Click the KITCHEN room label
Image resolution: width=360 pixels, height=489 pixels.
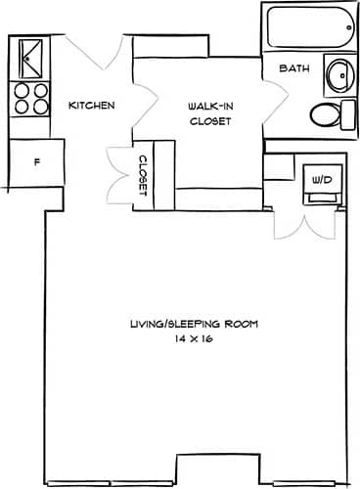pos(93,106)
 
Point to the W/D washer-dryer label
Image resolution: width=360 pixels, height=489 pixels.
pos(321,181)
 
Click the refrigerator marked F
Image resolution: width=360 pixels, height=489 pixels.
pos(36,161)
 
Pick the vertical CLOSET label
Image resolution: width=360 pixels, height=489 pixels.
pos(142,175)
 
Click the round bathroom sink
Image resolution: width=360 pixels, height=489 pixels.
pos(338,73)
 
